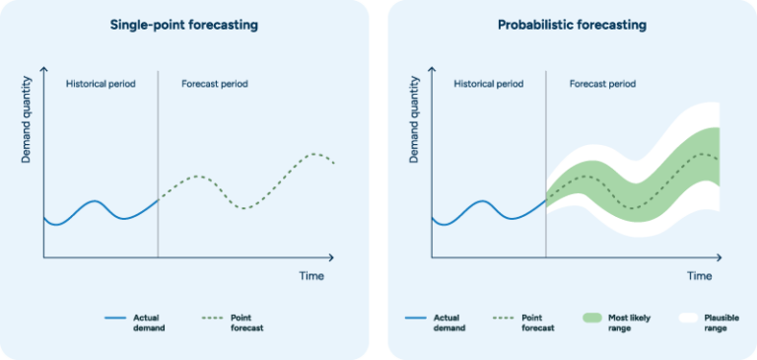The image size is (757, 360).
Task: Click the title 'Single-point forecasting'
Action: (x=184, y=26)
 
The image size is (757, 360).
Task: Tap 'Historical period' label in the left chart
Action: (x=100, y=84)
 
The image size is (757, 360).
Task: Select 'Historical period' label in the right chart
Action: (x=488, y=84)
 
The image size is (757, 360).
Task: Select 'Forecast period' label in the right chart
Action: (x=603, y=84)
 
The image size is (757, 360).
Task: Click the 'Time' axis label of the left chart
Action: (x=311, y=276)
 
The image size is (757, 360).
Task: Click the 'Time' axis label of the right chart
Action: (x=700, y=276)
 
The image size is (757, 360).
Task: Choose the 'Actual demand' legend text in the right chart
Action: (x=450, y=323)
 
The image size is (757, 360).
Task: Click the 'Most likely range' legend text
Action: (x=632, y=323)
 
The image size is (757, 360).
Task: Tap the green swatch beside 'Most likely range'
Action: (x=592, y=318)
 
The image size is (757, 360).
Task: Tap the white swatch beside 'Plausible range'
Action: (x=687, y=318)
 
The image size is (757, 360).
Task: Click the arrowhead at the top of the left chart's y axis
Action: (x=43, y=69)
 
